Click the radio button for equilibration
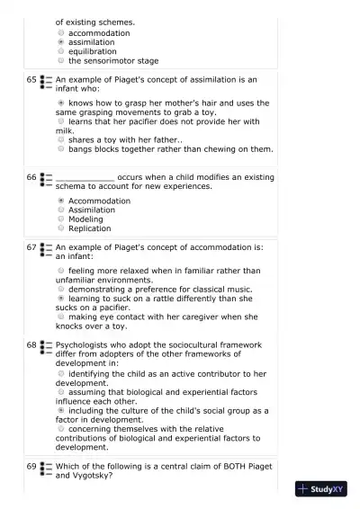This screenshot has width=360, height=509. click(x=60, y=51)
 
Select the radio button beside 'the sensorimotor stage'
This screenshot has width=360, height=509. click(x=60, y=60)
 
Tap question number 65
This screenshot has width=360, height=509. click(x=31, y=80)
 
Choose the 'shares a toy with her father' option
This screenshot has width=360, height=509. click(x=60, y=139)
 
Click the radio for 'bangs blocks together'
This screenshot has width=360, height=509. click(x=60, y=149)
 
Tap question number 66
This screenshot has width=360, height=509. click(x=31, y=178)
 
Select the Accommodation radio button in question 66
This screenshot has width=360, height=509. click(x=60, y=201)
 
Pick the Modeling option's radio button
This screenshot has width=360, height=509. click(x=60, y=219)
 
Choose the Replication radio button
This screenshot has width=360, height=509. click(x=60, y=228)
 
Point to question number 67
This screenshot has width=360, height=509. click(x=31, y=246)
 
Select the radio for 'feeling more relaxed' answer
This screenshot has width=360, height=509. click(x=60, y=270)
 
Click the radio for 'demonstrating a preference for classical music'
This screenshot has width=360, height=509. click(x=60, y=289)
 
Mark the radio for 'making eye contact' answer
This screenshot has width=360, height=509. click(x=60, y=317)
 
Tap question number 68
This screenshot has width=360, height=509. click(x=31, y=344)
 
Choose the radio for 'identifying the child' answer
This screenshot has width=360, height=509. click(x=60, y=372)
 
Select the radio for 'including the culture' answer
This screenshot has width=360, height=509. click(x=60, y=409)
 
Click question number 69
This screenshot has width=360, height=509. click(x=31, y=466)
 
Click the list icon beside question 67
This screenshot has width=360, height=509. click(x=46, y=247)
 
